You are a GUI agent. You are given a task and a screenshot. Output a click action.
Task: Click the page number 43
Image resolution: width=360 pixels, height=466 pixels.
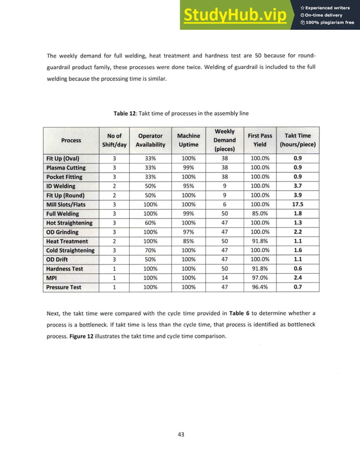[181, 434]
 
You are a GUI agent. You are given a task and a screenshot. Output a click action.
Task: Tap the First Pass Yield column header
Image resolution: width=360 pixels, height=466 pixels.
[260, 139]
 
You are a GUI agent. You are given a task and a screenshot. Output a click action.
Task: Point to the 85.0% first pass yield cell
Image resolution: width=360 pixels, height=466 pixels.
[260, 214]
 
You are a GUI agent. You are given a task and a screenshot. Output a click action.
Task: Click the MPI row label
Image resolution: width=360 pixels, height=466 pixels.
[52, 278]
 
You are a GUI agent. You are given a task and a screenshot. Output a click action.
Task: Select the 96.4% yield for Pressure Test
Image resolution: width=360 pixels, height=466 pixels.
[260, 287]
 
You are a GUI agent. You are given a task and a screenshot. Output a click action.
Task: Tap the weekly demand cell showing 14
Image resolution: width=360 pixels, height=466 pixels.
[225, 278]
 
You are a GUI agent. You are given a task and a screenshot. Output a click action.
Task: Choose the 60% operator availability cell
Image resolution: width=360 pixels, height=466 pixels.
[150, 223]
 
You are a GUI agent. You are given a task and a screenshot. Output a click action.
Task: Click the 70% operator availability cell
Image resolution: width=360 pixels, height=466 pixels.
[150, 250]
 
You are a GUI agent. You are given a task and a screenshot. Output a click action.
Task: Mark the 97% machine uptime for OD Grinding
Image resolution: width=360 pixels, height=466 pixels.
[188, 232]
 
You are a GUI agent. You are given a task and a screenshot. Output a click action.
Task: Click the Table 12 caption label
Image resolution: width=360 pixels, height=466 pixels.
[127, 113]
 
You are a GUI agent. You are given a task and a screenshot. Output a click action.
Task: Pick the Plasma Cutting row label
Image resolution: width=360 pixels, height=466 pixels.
[66, 168]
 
